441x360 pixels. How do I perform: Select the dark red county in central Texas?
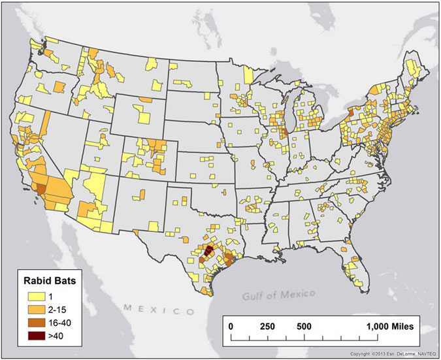tap(209, 250)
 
